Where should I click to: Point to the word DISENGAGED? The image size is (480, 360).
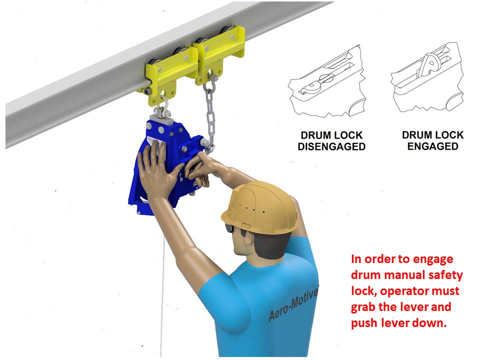point(331,146)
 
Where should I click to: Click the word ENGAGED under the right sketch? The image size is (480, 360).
point(432,146)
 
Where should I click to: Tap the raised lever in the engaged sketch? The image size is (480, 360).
point(430,63)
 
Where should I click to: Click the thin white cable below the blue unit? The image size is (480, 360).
point(162,294)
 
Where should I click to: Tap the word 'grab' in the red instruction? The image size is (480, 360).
point(363,307)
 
